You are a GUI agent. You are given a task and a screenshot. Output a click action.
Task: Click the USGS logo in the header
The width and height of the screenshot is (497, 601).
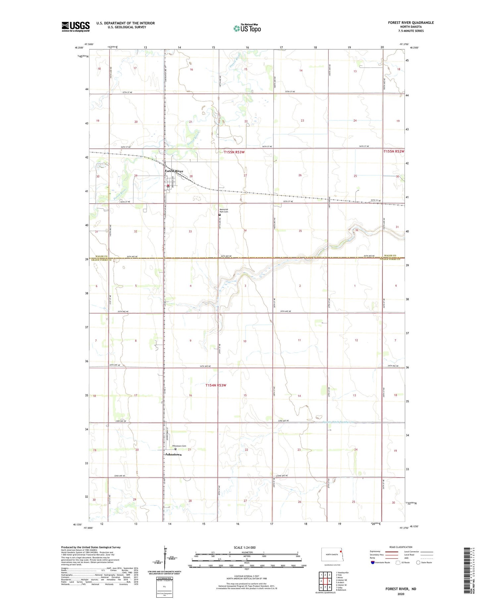click(x=76, y=27)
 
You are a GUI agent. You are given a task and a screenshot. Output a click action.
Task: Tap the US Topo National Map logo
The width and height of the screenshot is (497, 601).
click(x=247, y=28)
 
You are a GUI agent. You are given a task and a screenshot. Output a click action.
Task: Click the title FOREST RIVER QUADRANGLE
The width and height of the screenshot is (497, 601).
click(x=411, y=23)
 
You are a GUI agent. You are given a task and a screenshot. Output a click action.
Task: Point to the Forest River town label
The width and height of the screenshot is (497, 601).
click(x=174, y=171)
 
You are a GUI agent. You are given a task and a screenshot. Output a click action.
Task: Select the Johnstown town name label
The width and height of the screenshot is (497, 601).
click(x=173, y=454)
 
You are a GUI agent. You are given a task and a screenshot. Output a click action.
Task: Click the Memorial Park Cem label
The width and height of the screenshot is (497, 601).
click(x=224, y=210)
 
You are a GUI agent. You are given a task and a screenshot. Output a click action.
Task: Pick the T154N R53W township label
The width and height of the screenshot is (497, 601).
click(x=216, y=385)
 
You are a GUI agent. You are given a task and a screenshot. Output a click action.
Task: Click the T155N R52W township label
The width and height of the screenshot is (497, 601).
click(x=394, y=151)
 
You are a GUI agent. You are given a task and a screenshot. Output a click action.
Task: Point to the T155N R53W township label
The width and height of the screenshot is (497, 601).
click(x=234, y=152)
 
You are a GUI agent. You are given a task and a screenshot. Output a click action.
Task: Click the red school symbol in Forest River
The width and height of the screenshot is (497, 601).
click(x=168, y=186)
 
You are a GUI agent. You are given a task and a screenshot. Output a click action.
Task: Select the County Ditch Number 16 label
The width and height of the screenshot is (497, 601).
click(x=339, y=422)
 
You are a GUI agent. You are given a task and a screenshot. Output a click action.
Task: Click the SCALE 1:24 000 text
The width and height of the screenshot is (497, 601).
click(x=247, y=547)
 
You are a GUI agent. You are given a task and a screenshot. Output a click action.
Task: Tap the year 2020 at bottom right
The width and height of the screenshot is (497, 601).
click(x=401, y=594)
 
